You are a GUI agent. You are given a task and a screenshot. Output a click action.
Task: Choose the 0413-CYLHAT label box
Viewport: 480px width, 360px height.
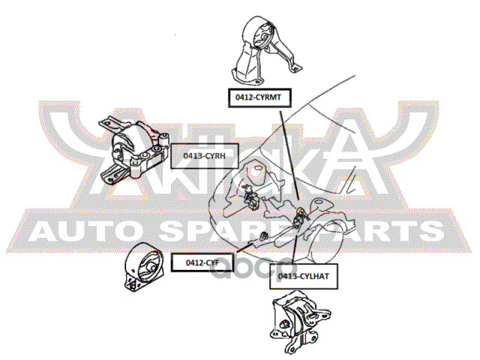(x=298, y=277)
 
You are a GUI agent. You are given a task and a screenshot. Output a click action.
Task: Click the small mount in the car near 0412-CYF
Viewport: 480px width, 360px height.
(x=264, y=238)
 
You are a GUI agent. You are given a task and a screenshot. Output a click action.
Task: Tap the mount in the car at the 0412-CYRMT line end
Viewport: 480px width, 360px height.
(x=299, y=211)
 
